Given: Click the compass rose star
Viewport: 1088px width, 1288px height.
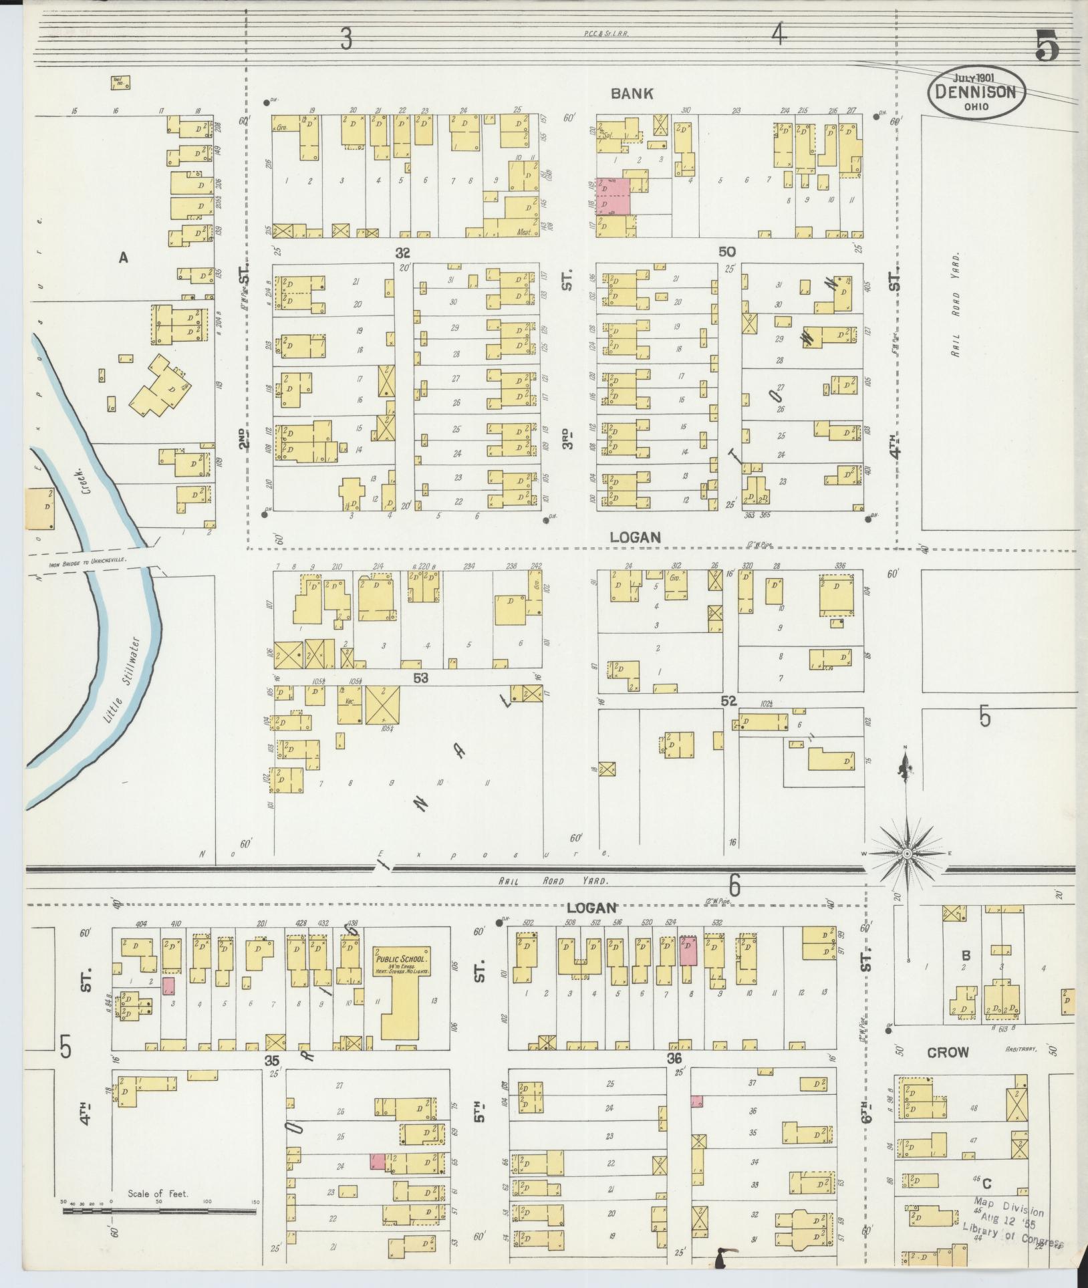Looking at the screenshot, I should (907, 854).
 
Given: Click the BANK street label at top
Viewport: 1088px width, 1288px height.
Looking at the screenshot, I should (632, 94).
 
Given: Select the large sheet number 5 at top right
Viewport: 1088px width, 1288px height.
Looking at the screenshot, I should (1047, 45).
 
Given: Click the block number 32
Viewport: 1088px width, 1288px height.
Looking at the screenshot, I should (402, 253).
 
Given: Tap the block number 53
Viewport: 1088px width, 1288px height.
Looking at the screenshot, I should (420, 678).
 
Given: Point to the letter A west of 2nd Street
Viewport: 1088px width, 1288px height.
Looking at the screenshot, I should (123, 257).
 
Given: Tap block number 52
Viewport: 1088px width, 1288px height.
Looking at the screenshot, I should (728, 700).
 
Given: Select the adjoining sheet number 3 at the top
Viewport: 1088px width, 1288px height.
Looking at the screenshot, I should (346, 37).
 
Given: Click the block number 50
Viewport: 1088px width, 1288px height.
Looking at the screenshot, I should (727, 251).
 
